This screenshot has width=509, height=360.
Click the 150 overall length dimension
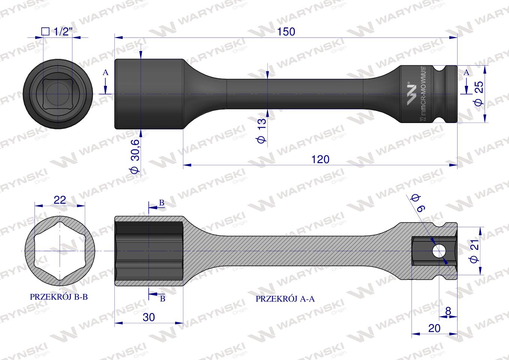pyautogui.click(x=287, y=32)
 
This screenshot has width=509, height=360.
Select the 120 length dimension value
pyautogui.click(x=320, y=159)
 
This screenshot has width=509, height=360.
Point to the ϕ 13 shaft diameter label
pyautogui.click(x=262, y=129)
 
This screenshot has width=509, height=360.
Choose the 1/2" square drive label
pyautogui.click(x=56, y=31)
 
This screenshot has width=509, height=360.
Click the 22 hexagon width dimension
pyautogui.click(x=60, y=199)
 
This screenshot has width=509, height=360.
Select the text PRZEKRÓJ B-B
pyautogui.click(x=59, y=297)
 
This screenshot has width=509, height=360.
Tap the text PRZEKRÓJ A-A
pyautogui.click(x=285, y=298)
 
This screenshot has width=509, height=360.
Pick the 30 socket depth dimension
pyautogui.click(x=149, y=317)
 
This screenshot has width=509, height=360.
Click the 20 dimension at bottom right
pyautogui.click(x=434, y=328)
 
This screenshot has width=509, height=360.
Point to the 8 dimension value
pyautogui.click(x=448, y=311)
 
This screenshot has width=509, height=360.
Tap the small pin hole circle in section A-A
pyautogui.click(x=437, y=251)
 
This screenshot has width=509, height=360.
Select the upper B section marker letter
pyautogui.click(x=162, y=202)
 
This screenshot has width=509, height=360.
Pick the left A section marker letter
pyautogui.click(x=106, y=72)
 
